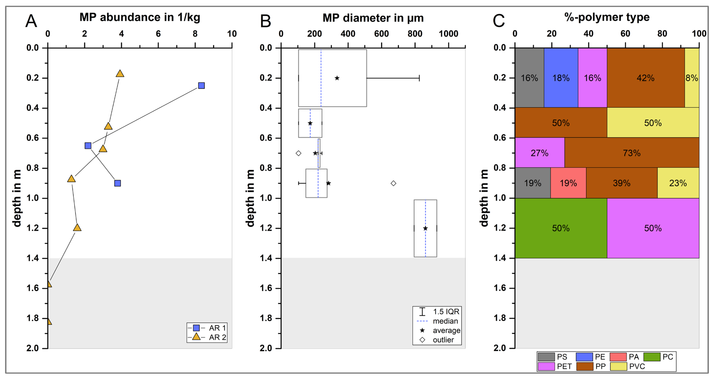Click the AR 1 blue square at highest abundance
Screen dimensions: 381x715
pos(201,85)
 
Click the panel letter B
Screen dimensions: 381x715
pos(265,21)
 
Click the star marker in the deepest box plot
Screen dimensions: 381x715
pos(425,228)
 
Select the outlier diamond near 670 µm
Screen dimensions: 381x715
pos(393,183)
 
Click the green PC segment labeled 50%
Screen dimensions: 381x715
pos(561,228)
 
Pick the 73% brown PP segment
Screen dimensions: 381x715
pos(632,153)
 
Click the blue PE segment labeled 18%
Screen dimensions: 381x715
pos(561,78)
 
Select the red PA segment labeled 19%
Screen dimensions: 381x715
pos(568,183)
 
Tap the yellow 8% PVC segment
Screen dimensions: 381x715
pos(691,78)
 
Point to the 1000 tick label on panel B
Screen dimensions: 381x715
pos(448,34)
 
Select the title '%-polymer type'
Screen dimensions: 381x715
pos(607,17)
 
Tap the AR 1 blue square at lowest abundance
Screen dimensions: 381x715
pos(88,145)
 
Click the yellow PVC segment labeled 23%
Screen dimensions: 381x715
pos(678,183)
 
